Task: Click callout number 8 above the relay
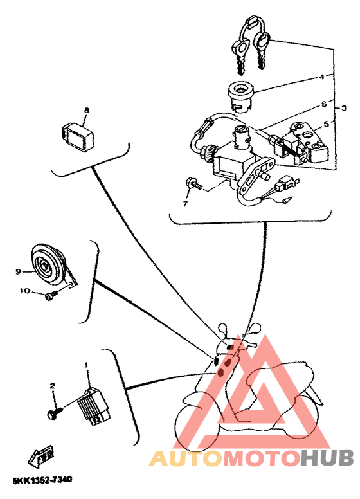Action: click(86, 110)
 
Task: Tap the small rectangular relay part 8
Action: click(77, 134)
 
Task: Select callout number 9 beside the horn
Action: click(19, 271)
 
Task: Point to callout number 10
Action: click(24, 291)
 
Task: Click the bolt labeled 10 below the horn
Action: click(50, 295)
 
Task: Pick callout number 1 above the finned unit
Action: click(86, 365)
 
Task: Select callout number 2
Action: click(53, 386)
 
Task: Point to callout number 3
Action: click(344, 107)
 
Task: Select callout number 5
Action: click(326, 124)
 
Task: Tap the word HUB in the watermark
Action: click(327, 458)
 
